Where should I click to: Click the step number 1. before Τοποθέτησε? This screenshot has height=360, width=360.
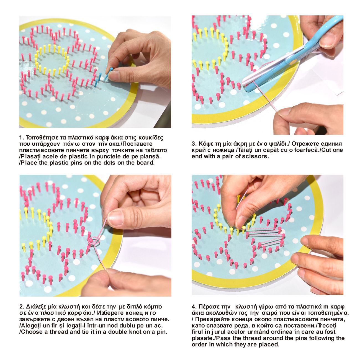tap(22, 138)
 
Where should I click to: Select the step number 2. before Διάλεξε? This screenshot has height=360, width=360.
tap(22, 307)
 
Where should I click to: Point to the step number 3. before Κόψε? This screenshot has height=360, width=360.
tap(194, 144)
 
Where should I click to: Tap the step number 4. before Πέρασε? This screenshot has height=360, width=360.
tap(194, 307)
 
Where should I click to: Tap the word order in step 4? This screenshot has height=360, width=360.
tap(199, 344)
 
